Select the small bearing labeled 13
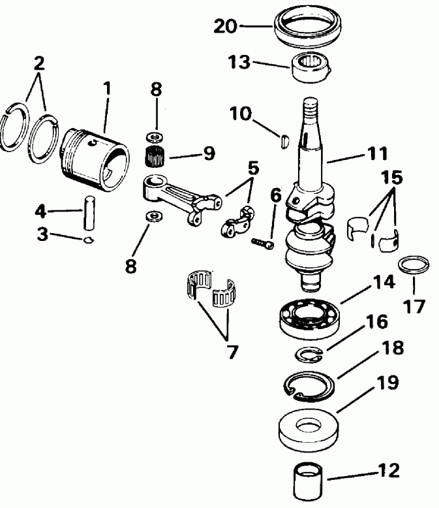(311, 67)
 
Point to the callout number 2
(40, 63)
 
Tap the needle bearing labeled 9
(156, 157)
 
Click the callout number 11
(376, 154)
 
